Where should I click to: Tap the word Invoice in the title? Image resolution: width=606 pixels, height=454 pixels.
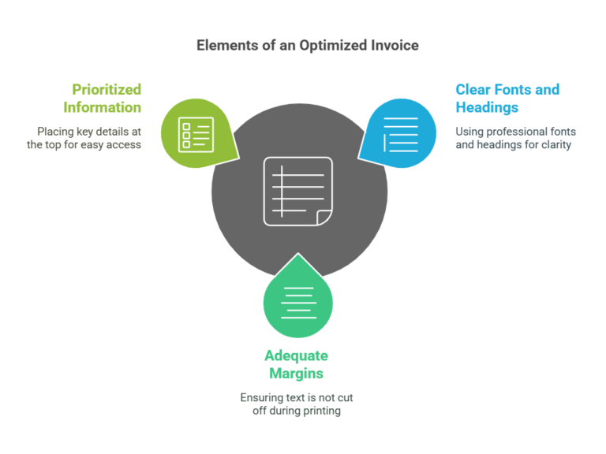pyautogui.click(x=395, y=45)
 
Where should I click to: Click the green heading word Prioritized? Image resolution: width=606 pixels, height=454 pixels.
pyautogui.click(x=107, y=90)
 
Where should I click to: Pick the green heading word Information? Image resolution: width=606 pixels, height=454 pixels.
pyautogui.click(x=103, y=107)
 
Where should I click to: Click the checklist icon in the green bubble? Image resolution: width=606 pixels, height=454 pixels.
pyautogui.click(x=196, y=135)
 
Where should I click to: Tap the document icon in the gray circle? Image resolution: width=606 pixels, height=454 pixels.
pyautogui.click(x=298, y=191)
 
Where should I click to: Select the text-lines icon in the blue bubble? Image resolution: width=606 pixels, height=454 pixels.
pyautogui.click(x=401, y=134)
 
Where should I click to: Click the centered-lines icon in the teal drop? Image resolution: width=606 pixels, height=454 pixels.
pyautogui.click(x=298, y=303)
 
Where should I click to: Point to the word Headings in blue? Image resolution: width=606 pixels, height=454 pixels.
pyautogui.click(x=487, y=108)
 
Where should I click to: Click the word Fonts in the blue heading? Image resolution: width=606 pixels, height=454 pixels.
pyautogui.click(x=513, y=90)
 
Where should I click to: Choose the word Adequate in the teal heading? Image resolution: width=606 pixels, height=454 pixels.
pyautogui.click(x=297, y=356)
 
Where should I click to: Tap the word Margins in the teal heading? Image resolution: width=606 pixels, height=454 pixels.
pyautogui.click(x=297, y=374)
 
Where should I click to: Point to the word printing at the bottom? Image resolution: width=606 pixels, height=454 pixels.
pyautogui.click(x=322, y=411)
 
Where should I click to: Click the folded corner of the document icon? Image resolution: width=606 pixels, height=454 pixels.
pyautogui.click(x=324, y=218)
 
